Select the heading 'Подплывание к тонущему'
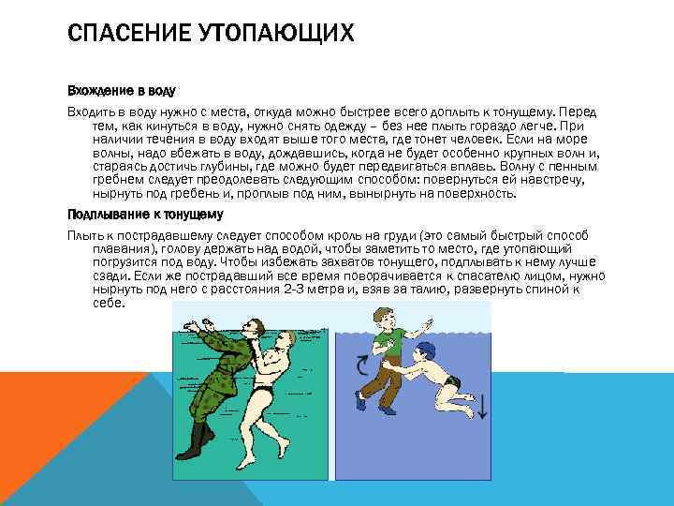click(x=132, y=214)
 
